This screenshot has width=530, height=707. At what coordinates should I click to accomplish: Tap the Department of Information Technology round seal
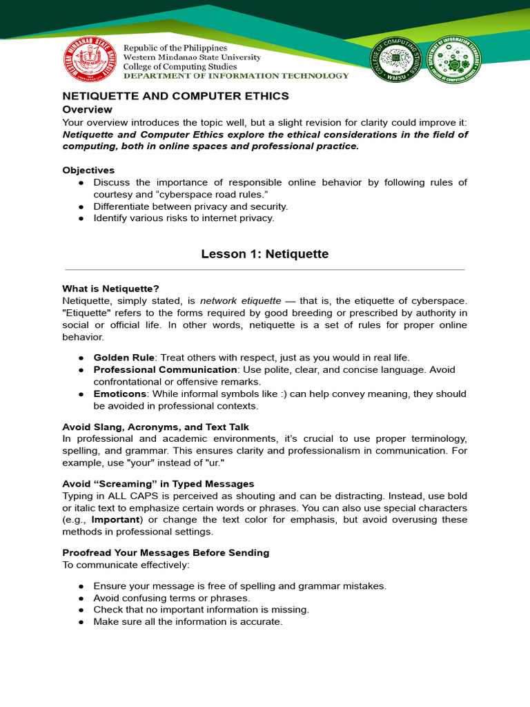(453, 59)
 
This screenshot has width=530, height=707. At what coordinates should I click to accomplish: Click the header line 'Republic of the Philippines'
(175, 48)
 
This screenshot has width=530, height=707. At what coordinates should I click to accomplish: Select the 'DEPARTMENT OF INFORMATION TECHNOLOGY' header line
(236, 76)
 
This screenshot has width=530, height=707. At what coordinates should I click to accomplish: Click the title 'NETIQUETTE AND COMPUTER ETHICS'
(175, 96)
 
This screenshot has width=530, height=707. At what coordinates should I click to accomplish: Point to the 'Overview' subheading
(87, 109)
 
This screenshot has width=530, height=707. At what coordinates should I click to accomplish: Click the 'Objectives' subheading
(88, 170)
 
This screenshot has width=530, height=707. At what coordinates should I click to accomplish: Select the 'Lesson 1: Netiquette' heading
(265, 254)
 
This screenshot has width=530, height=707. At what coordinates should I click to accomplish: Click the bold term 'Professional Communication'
(165, 369)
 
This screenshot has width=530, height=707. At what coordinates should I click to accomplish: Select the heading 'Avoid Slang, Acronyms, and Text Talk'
(155, 427)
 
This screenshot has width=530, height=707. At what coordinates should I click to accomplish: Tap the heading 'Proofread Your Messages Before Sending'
(166, 552)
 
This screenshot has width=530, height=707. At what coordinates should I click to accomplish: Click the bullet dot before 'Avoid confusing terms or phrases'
(81, 598)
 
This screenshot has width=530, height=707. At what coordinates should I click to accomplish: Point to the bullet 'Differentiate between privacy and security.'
(190, 206)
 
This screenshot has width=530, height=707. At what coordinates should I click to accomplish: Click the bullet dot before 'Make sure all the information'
(81, 621)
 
